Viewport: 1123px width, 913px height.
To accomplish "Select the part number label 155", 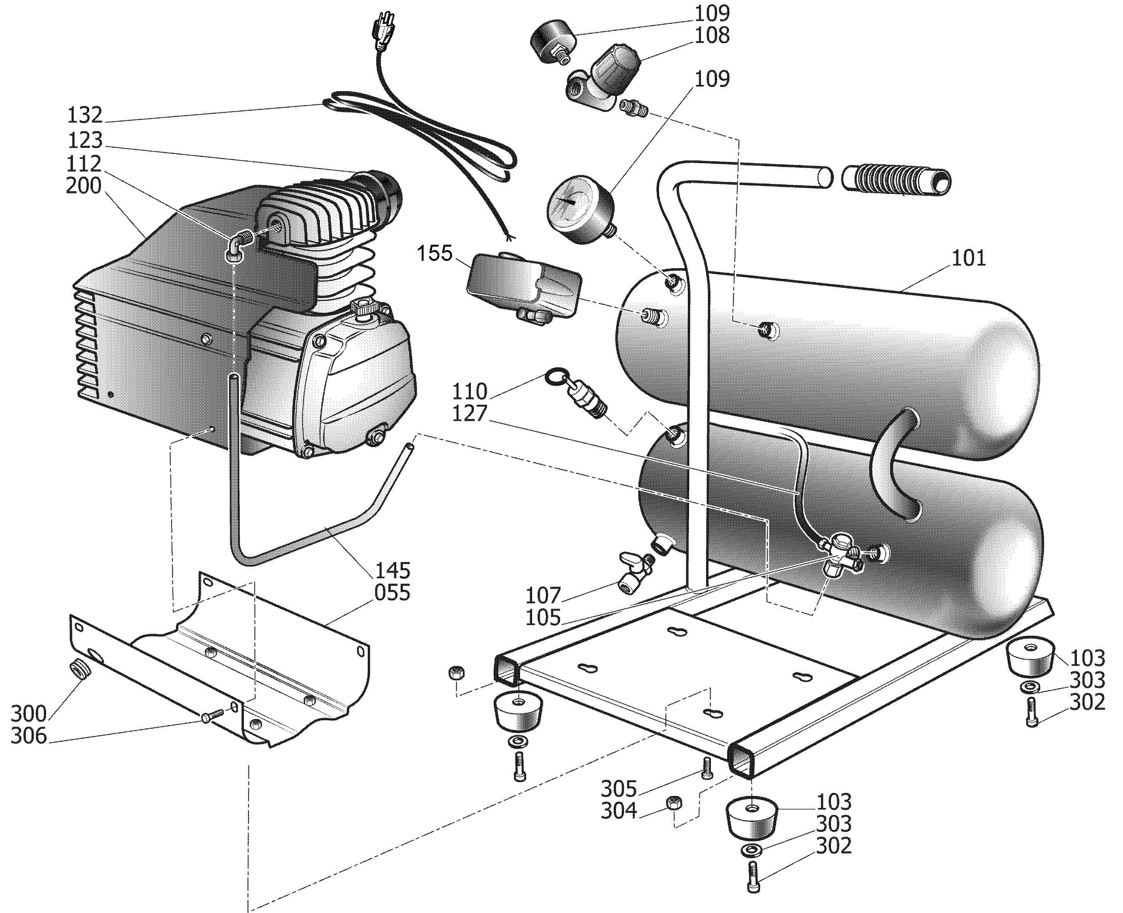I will click(x=434, y=254).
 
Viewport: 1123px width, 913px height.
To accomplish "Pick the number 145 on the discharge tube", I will click(x=392, y=571).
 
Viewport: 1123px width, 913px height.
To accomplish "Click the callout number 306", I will click(x=29, y=736).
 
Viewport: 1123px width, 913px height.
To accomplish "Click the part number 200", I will click(x=83, y=186).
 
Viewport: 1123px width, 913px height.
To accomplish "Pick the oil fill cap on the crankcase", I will click(x=362, y=307).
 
